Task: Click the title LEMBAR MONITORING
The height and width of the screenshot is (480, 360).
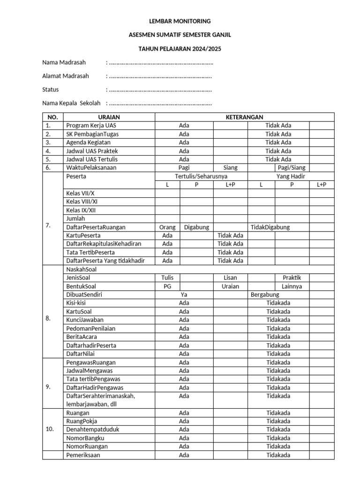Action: (x=180, y=21)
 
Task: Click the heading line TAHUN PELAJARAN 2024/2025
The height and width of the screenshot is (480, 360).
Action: (x=180, y=48)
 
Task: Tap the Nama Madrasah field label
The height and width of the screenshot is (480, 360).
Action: (x=64, y=62)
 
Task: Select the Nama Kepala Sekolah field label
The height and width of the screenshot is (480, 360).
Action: (x=71, y=103)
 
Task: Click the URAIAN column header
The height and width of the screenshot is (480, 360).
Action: (x=109, y=117)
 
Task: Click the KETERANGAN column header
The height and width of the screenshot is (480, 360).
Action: (x=244, y=117)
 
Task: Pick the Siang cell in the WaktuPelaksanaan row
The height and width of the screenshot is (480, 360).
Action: (x=231, y=167)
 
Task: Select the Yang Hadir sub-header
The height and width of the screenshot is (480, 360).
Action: (x=291, y=176)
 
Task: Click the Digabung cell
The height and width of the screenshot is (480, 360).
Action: (x=196, y=227)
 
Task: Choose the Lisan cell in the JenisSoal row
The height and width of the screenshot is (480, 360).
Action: (x=231, y=277)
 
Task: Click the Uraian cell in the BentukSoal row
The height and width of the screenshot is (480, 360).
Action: (x=231, y=286)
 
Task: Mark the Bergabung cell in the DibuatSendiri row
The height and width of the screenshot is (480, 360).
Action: (x=265, y=294)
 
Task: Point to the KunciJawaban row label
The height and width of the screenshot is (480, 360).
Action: (x=85, y=320)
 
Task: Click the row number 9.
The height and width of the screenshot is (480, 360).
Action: (x=48, y=387)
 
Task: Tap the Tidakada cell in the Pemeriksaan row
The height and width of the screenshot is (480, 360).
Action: (x=278, y=455)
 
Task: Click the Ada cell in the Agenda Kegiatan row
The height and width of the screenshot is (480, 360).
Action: (x=184, y=142)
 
